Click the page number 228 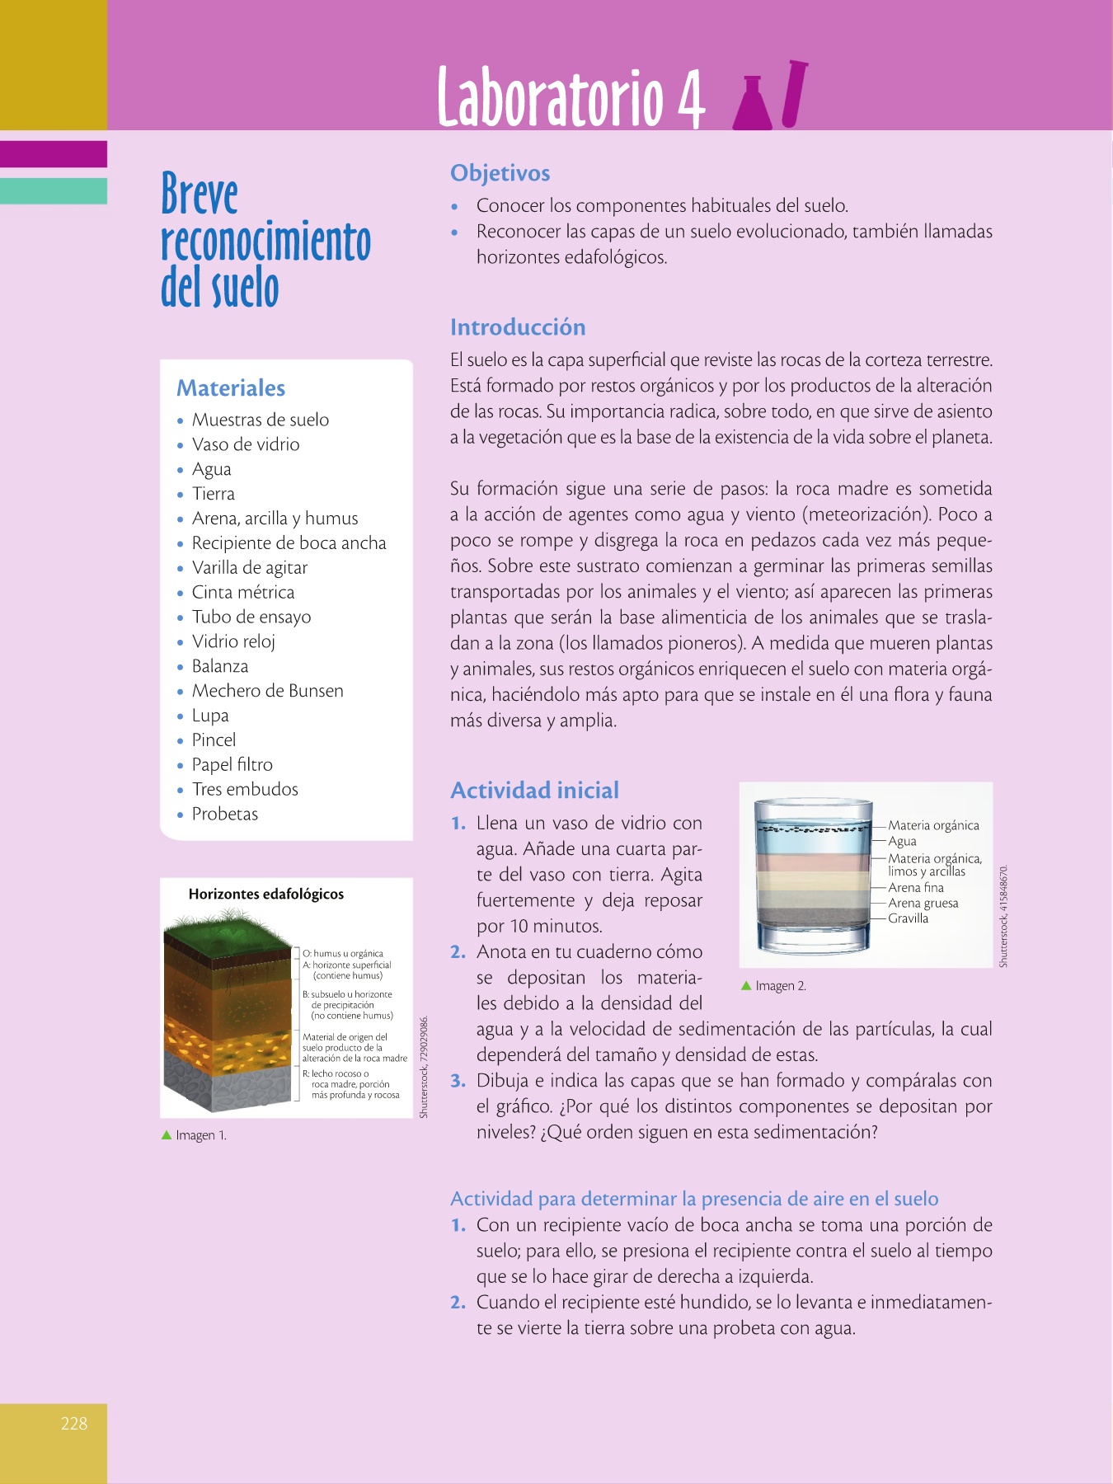[x=74, y=1423]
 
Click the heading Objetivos [x=500, y=173]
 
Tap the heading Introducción [x=518, y=327]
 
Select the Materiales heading [x=231, y=388]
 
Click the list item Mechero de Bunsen [x=267, y=691]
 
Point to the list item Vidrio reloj [x=233, y=641]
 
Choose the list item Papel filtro [x=232, y=765]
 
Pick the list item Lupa [x=210, y=716]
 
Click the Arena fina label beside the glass [x=915, y=888]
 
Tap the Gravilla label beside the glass [x=908, y=918]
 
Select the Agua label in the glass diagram [x=902, y=841]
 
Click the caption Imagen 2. [x=780, y=986]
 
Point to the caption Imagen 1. [x=200, y=1135]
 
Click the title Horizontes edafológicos [x=265, y=895]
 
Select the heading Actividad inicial [x=534, y=791]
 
